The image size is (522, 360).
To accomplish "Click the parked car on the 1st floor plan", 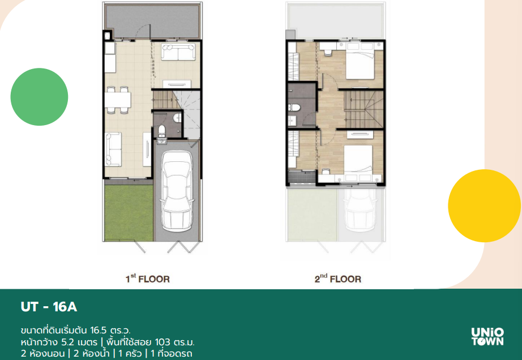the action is pyautogui.click(x=177, y=191).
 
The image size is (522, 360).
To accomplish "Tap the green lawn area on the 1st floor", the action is pyautogui.click(x=129, y=213).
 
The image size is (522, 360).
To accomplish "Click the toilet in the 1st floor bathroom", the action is pyautogui.click(x=161, y=130).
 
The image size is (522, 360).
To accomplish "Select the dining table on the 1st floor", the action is pyautogui.click(x=118, y=100).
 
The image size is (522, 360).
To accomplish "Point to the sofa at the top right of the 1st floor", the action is pyautogui.click(x=178, y=52).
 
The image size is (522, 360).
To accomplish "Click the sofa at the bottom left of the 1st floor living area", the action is pyautogui.click(x=113, y=149).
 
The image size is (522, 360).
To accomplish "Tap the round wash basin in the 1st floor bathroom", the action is pyautogui.click(x=178, y=117).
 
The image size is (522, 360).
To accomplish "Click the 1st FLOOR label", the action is pyautogui.click(x=147, y=278).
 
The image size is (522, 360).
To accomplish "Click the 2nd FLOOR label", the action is pyautogui.click(x=338, y=278).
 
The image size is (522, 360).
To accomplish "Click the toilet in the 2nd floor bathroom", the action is pyautogui.click(x=294, y=108).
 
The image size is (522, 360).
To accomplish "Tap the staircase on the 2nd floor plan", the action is pyautogui.click(x=363, y=109).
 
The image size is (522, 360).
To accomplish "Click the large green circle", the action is pyautogui.click(x=39, y=97).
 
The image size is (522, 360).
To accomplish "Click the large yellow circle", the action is pyautogui.click(x=485, y=205).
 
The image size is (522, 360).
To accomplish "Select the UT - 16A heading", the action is pyautogui.click(x=49, y=307).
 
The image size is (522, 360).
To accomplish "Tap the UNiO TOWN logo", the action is pyautogui.click(x=487, y=337).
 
